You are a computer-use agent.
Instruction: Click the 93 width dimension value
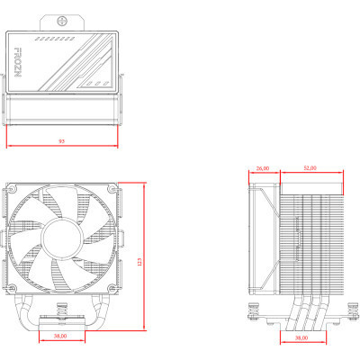pyautogui.click(x=60, y=141)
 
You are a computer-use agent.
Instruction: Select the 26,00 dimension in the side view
pyautogui.click(x=263, y=168)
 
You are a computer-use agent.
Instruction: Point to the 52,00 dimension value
pyautogui.click(x=310, y=168)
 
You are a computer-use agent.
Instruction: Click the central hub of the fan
pyautogui.click(x=61, y=235)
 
